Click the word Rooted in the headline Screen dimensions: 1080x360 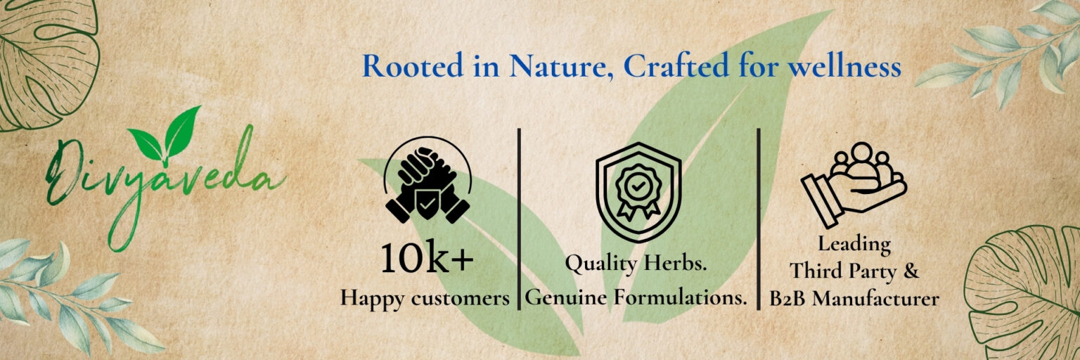pos(413,66)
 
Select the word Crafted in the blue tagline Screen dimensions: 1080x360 pos(676,66)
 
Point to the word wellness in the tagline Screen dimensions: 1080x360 pos(844,66)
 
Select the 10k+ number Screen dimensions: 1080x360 pos(427,257)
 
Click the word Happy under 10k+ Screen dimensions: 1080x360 pos(372,299)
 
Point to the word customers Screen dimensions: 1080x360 pos(460,299)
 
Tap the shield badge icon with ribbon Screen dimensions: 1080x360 pos(638,192)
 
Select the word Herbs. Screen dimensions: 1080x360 pos(676,263)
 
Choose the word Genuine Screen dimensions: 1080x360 pos(566,297)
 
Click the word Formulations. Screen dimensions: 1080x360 pos(680,297)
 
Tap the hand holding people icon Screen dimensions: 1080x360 pos(854,185)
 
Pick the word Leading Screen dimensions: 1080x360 pos(854,245)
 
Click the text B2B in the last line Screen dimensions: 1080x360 pos(787,299)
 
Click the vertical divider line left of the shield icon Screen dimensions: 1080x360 pos(520,219)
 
